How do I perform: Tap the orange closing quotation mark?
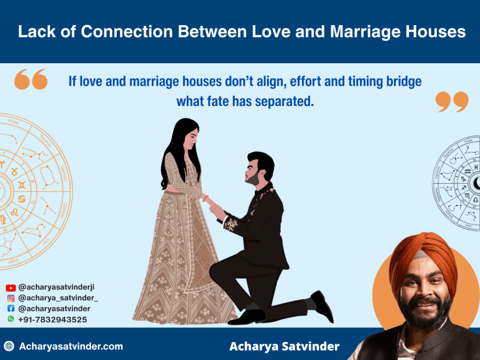451,102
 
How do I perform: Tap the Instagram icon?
11,298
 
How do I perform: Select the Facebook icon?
11,308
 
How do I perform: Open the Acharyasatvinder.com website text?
71,346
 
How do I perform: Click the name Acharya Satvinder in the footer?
285,347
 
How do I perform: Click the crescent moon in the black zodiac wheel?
476,183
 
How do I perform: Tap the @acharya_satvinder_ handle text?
58,298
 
